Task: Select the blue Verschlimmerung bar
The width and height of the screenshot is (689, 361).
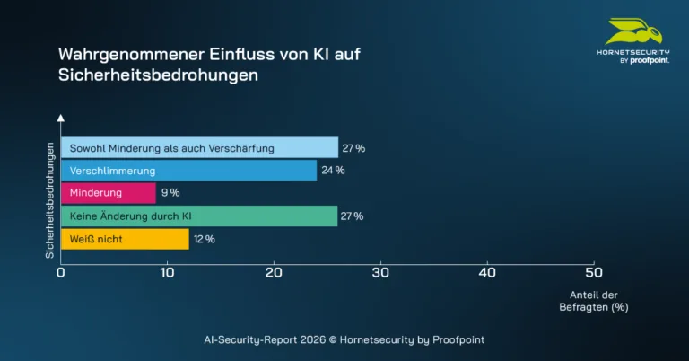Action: pos(188,171)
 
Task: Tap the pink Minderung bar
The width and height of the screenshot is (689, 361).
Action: pos(108,193)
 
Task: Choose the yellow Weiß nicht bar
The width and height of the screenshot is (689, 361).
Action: pos(125,240)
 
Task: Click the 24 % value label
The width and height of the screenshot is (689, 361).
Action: pos(334,171)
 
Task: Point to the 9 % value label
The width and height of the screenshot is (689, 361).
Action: pos(170,193)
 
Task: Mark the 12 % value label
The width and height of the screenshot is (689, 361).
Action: pos(205,240)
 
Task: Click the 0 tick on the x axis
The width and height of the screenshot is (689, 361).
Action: pos(60,272)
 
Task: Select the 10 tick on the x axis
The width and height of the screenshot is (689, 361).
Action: pos(167,272)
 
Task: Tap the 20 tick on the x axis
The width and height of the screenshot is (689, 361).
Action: pos(274,272)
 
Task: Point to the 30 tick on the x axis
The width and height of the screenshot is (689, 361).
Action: pos(380,272)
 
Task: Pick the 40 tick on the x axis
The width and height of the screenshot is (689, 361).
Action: pos(487,272)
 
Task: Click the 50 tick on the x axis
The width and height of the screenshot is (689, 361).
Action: pos(593,272)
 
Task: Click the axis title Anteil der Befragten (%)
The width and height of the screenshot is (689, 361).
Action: pos(595,301)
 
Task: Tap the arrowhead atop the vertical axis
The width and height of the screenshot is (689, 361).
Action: pos(60,118)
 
